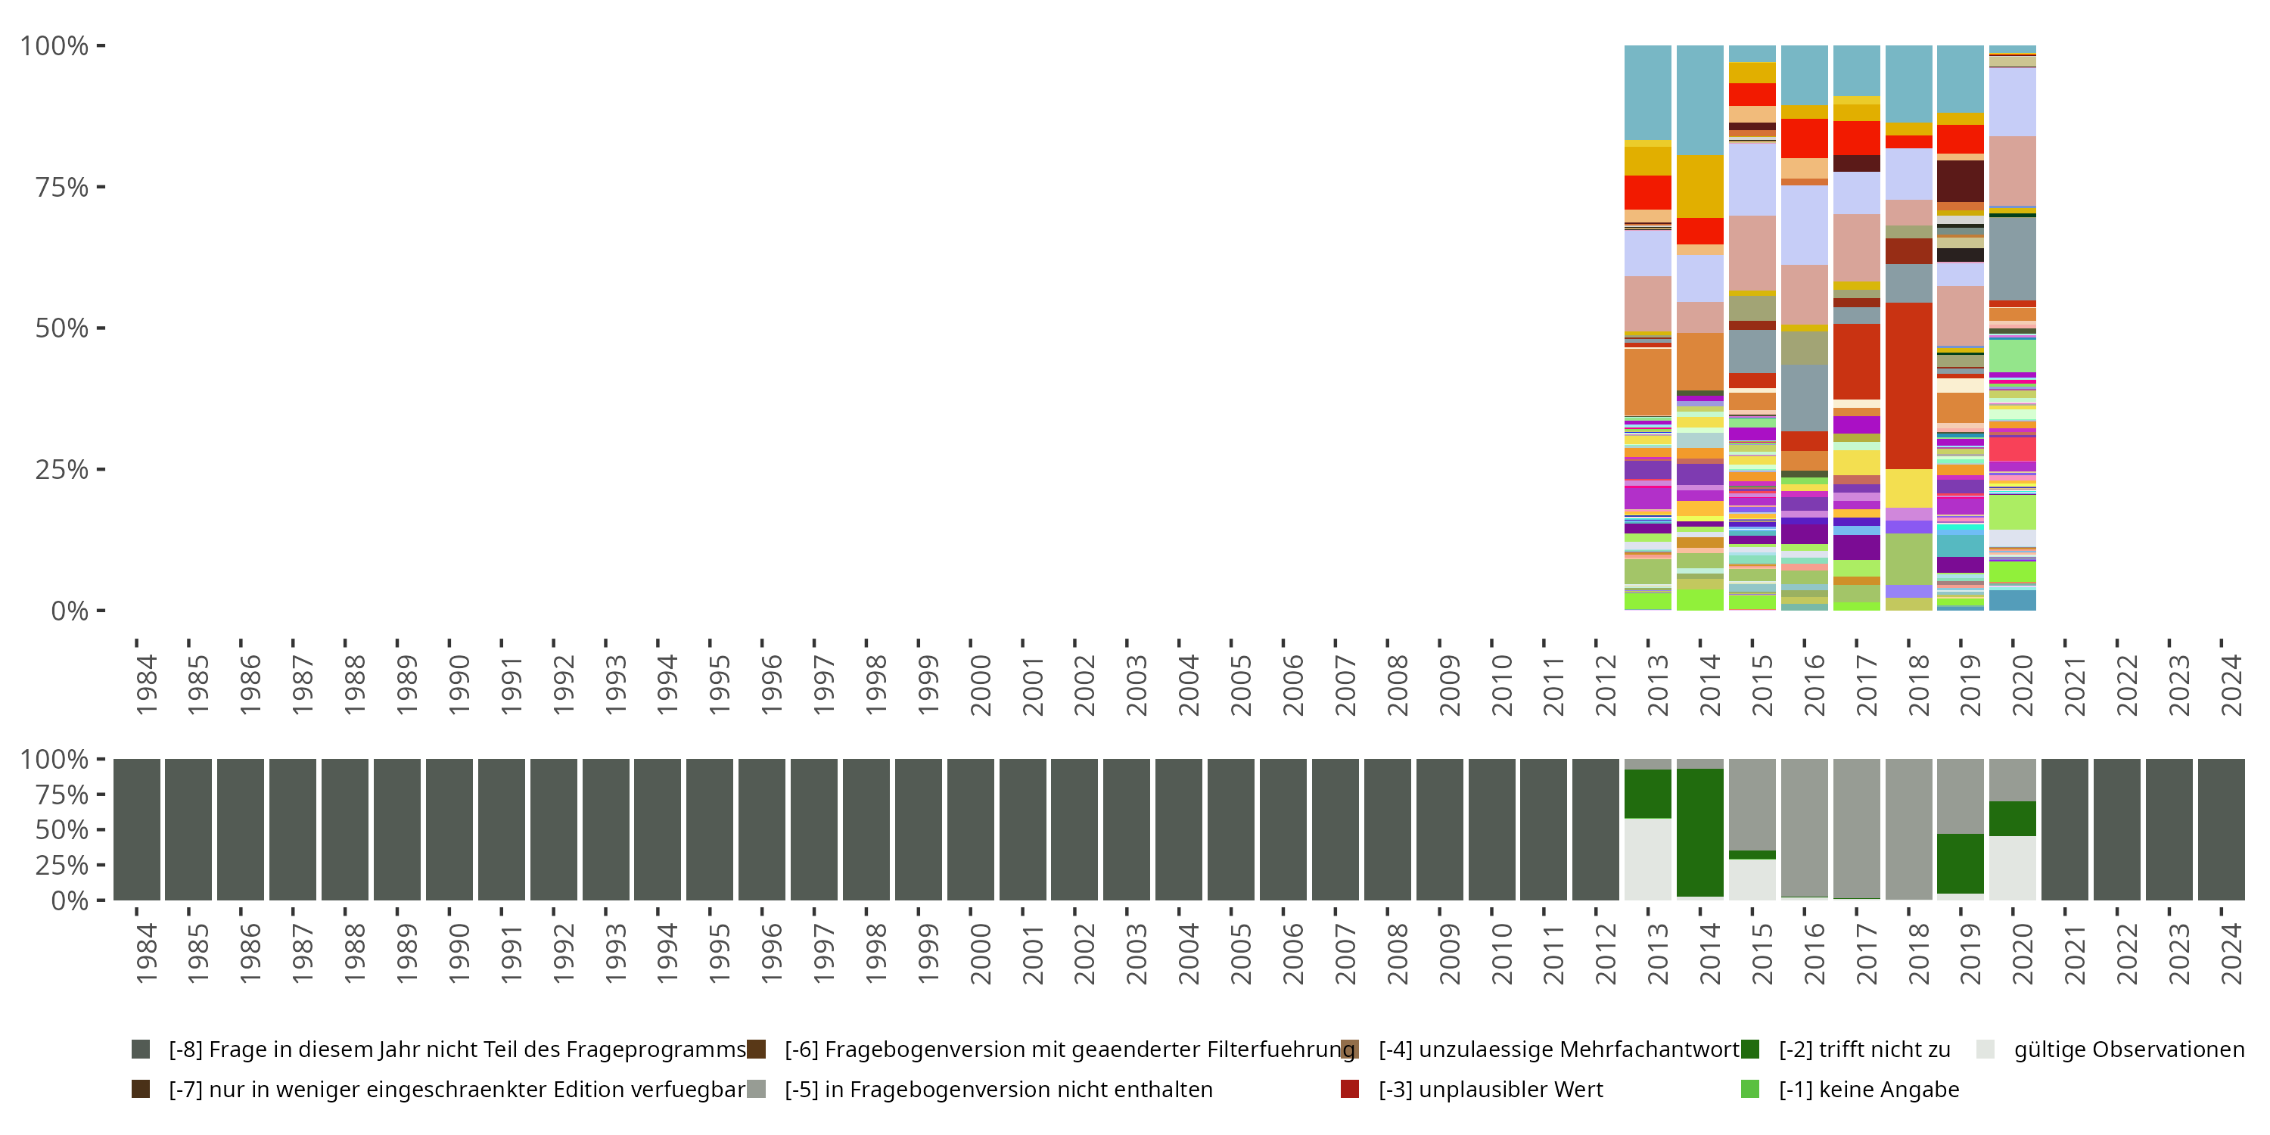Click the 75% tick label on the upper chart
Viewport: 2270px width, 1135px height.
click(x=62, y=187)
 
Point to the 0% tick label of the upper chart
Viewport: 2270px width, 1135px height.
click(x=70, y=611)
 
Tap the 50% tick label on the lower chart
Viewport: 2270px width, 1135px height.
click(x=62, y=829)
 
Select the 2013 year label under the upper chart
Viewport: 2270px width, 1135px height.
click(x=1659, y=685)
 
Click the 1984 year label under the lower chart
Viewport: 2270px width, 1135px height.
click(x=146, y=953)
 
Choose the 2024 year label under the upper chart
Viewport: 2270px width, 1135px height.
click(x=2231, y=685)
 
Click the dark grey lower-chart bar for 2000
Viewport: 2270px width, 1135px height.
click(x=970, y=829)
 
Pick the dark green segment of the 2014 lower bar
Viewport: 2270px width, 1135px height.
click(x=1700, y=833)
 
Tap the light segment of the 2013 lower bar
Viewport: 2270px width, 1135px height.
click(x=1648, y=859)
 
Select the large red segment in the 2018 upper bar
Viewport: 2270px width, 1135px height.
click(x=1909, y=386)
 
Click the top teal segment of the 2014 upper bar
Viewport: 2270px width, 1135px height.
click(x=1700, y=101)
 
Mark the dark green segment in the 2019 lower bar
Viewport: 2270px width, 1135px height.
click(x=1961, y=863)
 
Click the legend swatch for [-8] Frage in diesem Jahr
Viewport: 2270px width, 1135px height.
click(x=140, y=1049)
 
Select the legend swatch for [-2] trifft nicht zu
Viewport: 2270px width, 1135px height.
click(x=1750, y=1049)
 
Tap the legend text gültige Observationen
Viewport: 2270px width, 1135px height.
click(x=2129, y=1049)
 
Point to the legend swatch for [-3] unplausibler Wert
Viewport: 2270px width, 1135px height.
click(x=1350, y=1089)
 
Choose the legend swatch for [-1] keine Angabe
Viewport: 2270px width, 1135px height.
click(x=1750, y=1089)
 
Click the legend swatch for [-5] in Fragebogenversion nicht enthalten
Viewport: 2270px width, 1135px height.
click(x=756, y=1089)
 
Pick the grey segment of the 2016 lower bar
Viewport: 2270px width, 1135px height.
click(x=1804, y=828)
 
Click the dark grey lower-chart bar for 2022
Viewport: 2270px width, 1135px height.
click(x=2116, y=829)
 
